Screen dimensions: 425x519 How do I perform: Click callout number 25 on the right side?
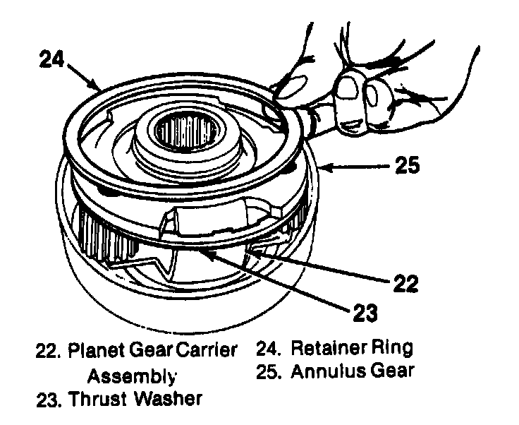coord(407,167)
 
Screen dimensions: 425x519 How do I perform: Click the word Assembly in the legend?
coord(132,374)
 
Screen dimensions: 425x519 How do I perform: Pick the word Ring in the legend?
coord(395,348)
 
